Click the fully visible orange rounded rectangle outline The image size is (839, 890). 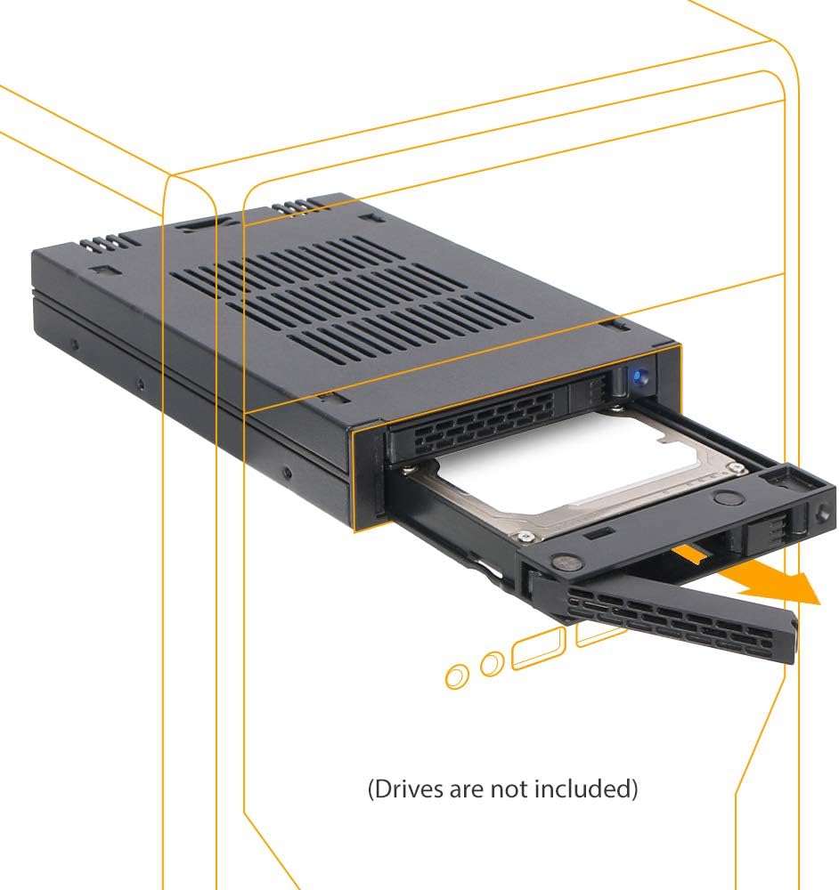point(538,648)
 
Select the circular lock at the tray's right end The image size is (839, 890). point(823,514)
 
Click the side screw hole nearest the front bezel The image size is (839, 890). point(288,473)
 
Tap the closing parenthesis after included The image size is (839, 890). point(633,789)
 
